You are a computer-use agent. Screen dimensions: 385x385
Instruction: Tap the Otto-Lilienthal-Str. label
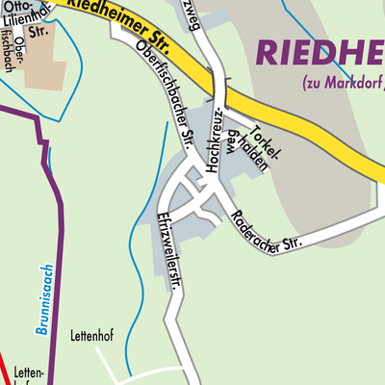click(27, 22)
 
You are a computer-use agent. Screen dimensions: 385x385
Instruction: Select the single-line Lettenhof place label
click(92, 337)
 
